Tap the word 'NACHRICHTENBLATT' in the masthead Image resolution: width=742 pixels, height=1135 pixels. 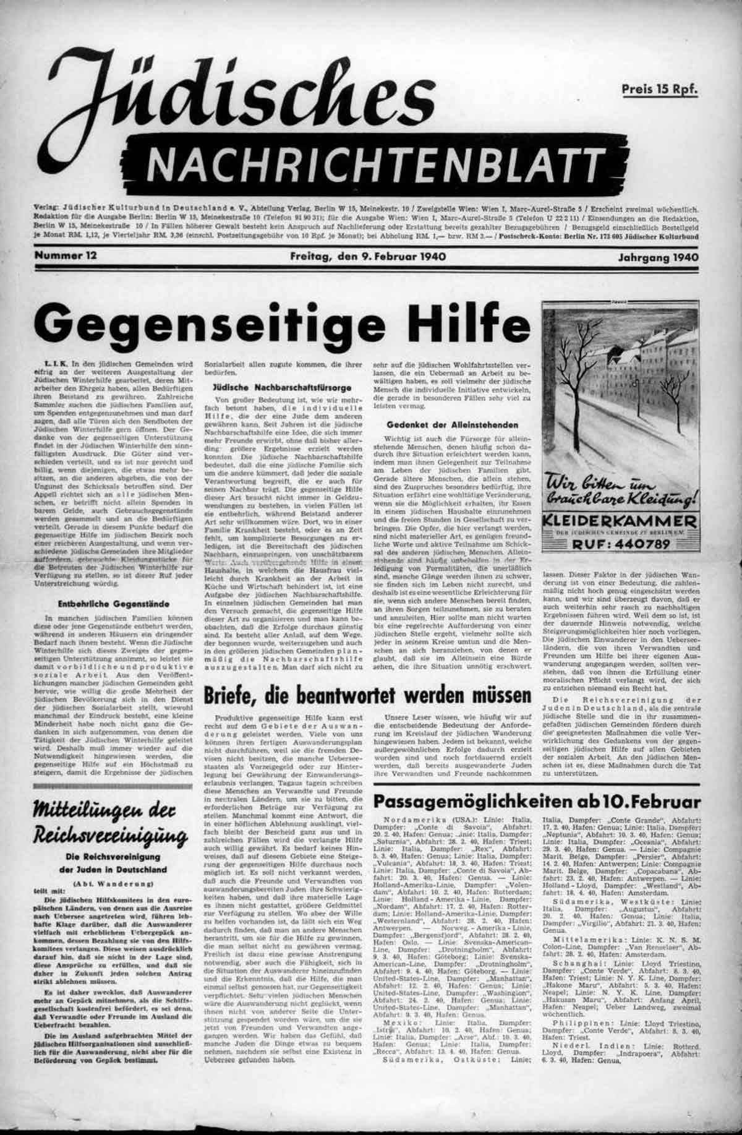(x=375, y=164)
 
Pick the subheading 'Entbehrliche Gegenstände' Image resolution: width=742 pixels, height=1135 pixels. (x=114, y=604)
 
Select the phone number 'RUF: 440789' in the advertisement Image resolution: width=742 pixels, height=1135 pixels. (x=621, y=545)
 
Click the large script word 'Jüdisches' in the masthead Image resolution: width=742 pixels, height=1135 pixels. (x=223, y=93)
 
